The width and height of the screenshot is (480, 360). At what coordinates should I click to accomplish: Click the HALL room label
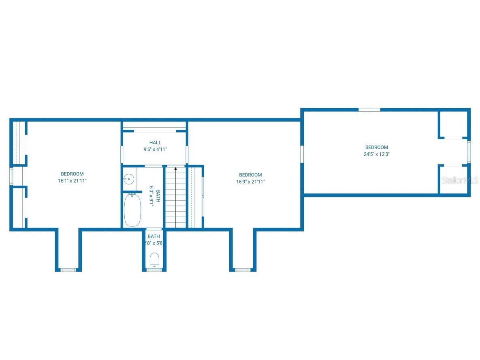(155, 143)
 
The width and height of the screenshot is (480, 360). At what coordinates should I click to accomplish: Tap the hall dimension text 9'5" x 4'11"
(155, 149)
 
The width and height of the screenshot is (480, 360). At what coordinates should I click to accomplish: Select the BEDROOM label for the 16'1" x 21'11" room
(72, 174)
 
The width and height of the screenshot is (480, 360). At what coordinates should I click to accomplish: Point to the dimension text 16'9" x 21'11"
(250, 182)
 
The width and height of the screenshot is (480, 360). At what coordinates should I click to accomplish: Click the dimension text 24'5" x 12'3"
(377, 154)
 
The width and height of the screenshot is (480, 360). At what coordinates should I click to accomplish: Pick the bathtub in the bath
(132, 210)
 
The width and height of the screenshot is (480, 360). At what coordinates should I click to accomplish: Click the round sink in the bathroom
(128, 178)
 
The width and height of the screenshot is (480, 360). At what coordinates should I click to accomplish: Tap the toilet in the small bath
(154, 260)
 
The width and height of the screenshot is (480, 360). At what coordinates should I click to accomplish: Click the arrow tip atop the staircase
(175, 168)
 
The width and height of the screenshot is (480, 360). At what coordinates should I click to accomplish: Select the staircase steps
(175, 199)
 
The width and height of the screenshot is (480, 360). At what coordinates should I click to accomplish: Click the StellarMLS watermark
(460, 180)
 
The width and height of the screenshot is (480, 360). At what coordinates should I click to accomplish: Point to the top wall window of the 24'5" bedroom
(369, 109)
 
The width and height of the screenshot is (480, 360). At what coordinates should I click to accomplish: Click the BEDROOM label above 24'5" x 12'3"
(377, 148)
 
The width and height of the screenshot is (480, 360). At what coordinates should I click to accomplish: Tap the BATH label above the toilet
(154, 236)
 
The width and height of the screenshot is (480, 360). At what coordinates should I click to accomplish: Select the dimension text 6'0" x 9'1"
(152, 197)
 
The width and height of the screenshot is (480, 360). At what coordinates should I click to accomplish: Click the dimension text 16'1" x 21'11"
(72, 181)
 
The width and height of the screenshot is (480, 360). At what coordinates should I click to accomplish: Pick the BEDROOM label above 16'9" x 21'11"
(250, 175)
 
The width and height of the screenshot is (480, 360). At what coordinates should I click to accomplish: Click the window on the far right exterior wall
(469, 151)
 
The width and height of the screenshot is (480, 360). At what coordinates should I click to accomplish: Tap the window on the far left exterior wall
(11, 176)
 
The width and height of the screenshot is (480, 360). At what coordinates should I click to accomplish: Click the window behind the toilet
(154, 270)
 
